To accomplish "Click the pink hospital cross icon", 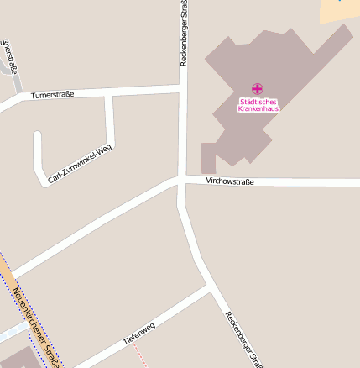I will [x=258, y=88].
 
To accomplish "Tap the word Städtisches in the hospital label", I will [x=258, y=102].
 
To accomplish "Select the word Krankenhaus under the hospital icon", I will [x=258, y=109].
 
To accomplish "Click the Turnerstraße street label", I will [x=52, y=95].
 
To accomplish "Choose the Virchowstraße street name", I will [x=230, y=181].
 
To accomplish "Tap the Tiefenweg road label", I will [x=139, y=334].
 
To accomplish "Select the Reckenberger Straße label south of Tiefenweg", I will [x=243, y=339].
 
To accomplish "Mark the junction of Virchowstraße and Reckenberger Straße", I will [x=181, y=180].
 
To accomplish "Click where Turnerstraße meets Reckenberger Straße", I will [x=184, y=87].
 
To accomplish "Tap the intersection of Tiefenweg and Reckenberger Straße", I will [x=209, y=286].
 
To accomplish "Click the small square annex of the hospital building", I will [x=208, y=158].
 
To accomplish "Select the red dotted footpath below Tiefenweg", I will [x=139, y=355].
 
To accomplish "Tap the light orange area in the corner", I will [x=339, y=10].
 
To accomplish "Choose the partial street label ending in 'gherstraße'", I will [x=9, y=55].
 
